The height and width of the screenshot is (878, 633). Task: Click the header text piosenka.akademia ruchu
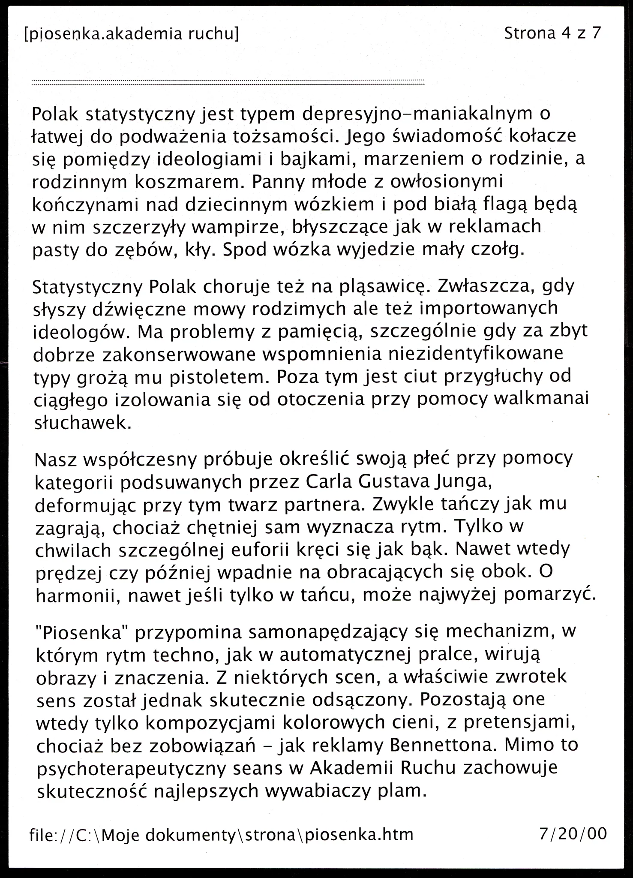(x=131, y=34)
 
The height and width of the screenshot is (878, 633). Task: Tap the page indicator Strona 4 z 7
(x=552, y=33)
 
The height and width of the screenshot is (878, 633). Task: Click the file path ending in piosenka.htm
(x=221, y=834)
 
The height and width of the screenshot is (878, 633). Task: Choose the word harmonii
(x=76, y=595)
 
